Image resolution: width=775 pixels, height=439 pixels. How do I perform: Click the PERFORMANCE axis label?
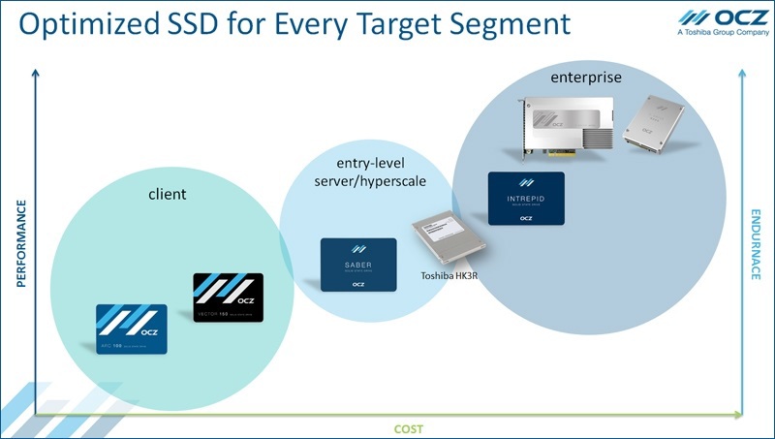(20, 244)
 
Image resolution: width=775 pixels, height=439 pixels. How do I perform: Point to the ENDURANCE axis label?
(756, 244)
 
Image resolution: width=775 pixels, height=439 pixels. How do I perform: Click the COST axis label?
(408, 427)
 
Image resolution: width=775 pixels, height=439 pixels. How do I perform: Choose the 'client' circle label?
(169, 194)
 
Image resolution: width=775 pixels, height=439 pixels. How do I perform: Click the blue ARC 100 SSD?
(132, 329)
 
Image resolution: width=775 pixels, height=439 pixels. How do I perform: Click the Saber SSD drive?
(358, 265)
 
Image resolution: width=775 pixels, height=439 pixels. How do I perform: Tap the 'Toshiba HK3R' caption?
(451, 277)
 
